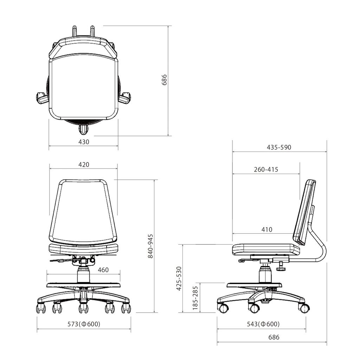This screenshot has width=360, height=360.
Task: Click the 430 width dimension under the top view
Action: coord(84,142)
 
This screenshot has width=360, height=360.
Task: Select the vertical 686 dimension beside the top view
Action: coord(164,81)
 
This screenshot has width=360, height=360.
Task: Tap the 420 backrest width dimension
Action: coord(84,165)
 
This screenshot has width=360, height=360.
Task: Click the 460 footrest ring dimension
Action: coord(103,270)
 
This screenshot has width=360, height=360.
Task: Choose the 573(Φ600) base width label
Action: coord(84,324)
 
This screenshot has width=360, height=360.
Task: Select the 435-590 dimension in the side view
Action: coord(279,147)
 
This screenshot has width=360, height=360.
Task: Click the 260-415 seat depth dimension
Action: coord(266,169)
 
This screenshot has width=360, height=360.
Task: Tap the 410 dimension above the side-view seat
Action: coord(267,230)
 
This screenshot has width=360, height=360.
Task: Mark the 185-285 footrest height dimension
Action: coord(195,297)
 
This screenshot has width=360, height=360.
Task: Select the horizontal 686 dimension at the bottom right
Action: coord(274,337)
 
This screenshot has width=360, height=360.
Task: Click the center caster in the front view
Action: coord(83,308)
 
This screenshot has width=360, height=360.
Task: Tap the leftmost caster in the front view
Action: coord(41,308)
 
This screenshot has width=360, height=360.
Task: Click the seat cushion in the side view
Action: coord(266,249)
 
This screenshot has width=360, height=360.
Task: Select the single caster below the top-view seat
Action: coord(84,130)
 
